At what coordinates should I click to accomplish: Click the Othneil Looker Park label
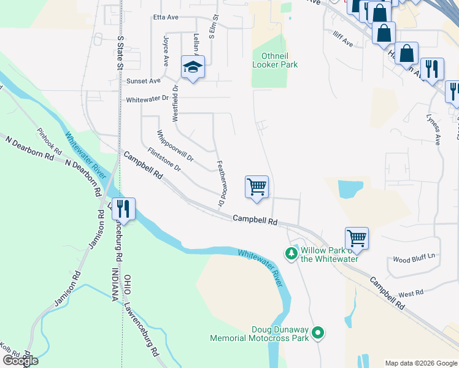275,59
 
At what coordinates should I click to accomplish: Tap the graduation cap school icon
193,67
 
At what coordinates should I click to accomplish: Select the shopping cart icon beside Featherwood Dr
256,187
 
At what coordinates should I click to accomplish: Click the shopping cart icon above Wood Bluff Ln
357,237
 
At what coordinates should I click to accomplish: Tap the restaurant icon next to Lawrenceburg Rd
123,209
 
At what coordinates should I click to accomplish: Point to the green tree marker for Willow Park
291,253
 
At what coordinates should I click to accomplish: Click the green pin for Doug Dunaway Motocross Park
317,333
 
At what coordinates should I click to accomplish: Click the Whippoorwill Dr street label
175,146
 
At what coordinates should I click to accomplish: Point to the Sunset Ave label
143,80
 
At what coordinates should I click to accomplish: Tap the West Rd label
411,294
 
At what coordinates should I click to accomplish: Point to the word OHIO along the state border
127,286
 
